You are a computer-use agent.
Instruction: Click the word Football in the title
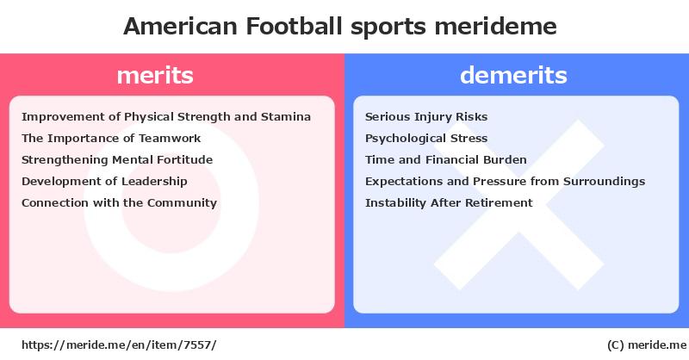coord(294,26)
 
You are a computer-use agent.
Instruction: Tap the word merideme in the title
coord(496,26)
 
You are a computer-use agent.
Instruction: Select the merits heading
coord(155,75)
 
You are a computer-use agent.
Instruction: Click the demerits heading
coord(513,75)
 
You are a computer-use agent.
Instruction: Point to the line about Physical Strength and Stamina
coord(166,117)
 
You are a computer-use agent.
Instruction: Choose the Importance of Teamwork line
coord(111,139)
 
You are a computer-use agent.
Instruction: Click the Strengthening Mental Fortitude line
coord(117,160)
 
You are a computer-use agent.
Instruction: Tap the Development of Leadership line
coord(104,182)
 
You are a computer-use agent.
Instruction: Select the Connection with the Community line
coord(119,203)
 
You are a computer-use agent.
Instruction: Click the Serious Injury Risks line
coord(426,117)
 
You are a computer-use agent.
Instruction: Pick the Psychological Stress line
coord(426,139)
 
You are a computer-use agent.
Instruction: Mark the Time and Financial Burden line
coord(445,160)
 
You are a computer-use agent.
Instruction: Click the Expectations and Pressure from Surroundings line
coord(506,182)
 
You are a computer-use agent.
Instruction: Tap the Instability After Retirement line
coord(449,203)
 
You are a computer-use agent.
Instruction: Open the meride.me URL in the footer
coord(119,345)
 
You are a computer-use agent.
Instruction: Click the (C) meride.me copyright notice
coord(647,345)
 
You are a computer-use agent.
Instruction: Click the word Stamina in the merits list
coord(286,117)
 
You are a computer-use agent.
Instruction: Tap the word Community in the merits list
coord(182,203)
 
